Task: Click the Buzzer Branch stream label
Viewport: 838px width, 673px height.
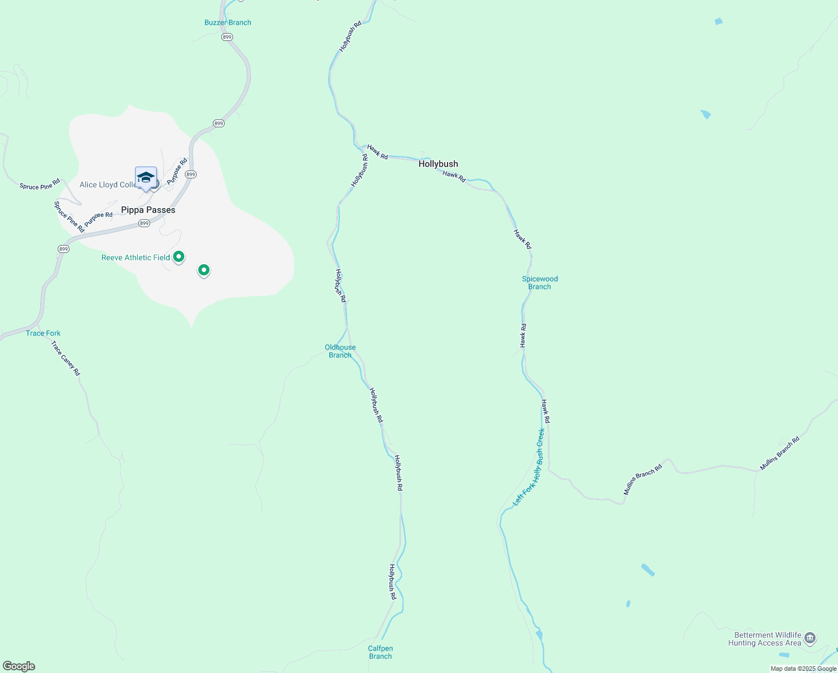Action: coord(227,22)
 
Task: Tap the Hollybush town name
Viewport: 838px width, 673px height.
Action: coord(438,164)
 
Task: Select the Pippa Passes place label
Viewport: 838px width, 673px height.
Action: coord(148,210)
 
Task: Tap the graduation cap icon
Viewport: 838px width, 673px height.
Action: coord(146,177)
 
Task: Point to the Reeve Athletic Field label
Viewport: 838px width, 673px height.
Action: coord(136,257)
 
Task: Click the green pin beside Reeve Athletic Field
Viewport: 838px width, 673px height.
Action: coord(179,257)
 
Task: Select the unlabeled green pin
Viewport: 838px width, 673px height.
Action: coord(204,270)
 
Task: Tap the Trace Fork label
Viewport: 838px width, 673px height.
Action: coord(43,333)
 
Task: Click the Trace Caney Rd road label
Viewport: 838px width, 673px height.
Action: coord(66,358)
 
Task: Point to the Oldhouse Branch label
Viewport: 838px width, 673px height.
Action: coord(340,351)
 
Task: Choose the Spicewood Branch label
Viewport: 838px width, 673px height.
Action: coord(539,283)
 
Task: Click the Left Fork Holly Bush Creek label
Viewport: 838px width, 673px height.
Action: coord(529,468)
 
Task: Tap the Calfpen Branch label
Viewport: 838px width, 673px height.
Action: coord(380,652)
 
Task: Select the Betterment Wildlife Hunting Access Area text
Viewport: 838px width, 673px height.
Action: coord(765,639)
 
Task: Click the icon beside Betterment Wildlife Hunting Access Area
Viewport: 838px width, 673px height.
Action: coord(809,638)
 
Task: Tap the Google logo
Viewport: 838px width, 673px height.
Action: coord(19,666)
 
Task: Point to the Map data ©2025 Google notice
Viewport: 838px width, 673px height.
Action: coord(803,669)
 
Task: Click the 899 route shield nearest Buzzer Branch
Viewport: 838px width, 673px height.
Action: coord(227,37)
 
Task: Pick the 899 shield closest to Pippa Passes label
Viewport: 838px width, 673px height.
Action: coord(144,223)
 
